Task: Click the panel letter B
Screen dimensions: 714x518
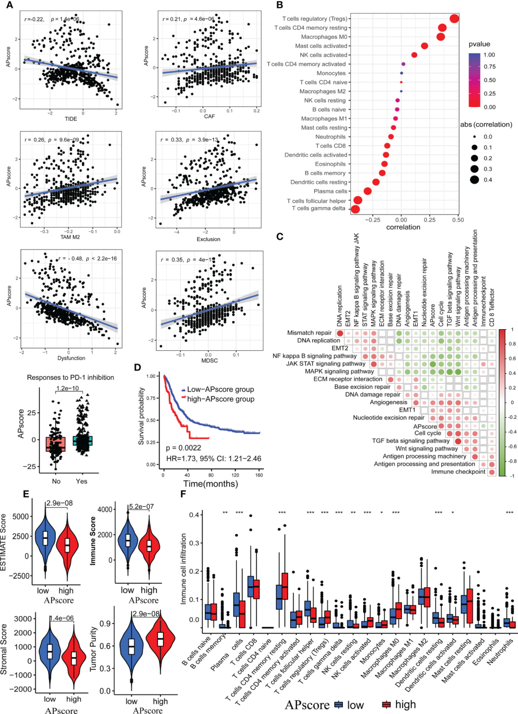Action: [x=280, y=5]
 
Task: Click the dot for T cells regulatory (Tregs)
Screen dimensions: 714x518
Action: [x=454, y=19]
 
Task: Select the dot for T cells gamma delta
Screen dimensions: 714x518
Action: [x=355, y=209]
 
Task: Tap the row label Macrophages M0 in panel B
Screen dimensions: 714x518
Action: [x=324, y=37]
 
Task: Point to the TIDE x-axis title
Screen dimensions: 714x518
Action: [x=71, y=119]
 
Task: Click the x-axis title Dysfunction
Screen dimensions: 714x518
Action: [x=71, y=358]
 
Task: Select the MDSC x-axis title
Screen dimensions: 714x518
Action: [x=210, y=360]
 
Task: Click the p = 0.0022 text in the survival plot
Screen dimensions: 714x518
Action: [x=184, y=448]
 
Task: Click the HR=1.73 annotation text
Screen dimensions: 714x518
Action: [x=213, y=459]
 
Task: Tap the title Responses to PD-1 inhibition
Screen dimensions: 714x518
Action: [x=71, y=378]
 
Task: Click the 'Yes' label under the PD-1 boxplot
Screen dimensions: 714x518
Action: [x=82, y=481]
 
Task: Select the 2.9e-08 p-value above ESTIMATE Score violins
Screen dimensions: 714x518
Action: [x=59, y=503]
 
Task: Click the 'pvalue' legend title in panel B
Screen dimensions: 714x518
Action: [x=479, y=44]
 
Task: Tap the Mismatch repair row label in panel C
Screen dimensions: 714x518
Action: [x=309, y=333]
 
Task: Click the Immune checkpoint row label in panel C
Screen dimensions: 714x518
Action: [x=458, y=472]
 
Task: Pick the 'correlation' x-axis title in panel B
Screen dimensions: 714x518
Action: [x=403, y=227]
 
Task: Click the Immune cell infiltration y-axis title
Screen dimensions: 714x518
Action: [x=184, y=569]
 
